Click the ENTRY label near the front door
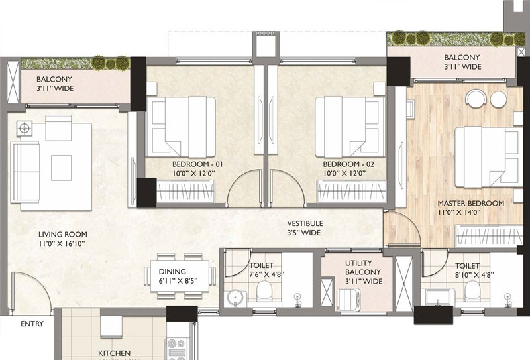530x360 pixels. pos(32,324)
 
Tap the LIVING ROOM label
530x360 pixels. pos(62,234)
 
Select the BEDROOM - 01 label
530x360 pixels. pos(197,164)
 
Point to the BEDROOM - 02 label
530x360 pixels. pos(348,164)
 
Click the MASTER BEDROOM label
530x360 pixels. pos(471,204)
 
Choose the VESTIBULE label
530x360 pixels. pos(305,223)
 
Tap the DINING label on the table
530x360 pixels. pos(172,272)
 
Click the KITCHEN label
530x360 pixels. pos(114,353)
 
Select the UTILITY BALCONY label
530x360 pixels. pos(363,267)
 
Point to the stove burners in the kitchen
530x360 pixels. pos(176,349)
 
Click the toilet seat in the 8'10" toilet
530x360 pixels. pos(472,291)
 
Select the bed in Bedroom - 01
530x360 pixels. pos(180,127)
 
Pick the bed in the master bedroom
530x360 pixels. pos(487,157)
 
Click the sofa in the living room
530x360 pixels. pos(25,172)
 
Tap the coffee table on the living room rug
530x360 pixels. pos(61,168)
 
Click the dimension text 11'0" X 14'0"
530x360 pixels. pos(459,212)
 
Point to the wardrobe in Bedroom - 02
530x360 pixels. pos(352,192)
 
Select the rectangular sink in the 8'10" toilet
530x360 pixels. pos(437,297)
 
